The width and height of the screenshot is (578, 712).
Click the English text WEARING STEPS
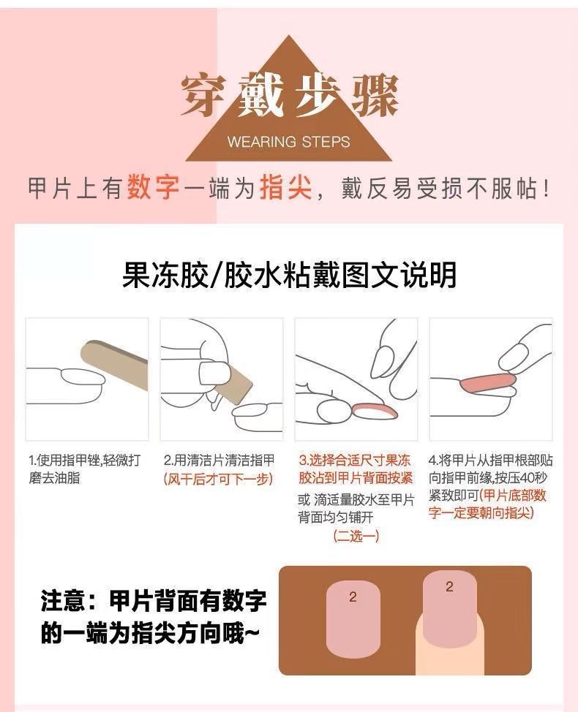click(x=288, y=142)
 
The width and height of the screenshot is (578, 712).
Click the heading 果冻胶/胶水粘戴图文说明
click(x=289, y=275)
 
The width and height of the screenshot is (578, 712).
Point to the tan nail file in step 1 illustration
click(x=116, y=363)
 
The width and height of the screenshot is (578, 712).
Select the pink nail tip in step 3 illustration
click(x=375, y=412)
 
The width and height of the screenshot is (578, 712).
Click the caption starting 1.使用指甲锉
click(x=85, y=469)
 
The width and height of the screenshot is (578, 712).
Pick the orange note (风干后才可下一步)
click(x=219, y=479)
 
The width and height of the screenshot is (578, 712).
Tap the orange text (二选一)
click(x=356, y=536)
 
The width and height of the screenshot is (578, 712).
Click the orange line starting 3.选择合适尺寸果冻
click(x=355, y=461)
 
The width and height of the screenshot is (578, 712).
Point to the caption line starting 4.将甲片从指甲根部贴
click(x=491, y=461)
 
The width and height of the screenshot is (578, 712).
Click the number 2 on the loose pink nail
click(x=353, y=597)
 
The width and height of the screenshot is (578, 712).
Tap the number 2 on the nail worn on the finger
click(x=449, y=587)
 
